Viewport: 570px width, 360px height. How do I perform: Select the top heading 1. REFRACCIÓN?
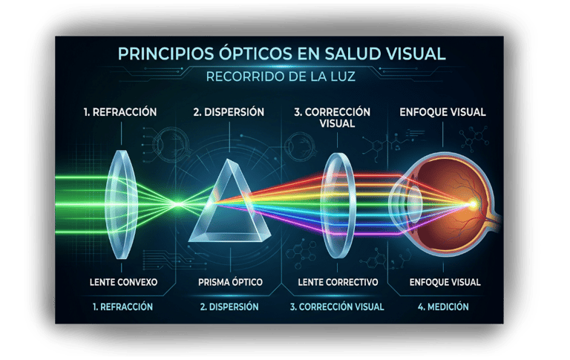tap(119, 112)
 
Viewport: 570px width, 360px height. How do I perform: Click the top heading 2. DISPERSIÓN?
tap(229, 112)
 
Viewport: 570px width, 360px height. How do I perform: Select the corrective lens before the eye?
tap(337, 200)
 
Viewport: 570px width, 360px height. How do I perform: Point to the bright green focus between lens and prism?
tap(175, 203)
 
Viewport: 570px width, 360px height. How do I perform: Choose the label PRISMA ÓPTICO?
tap(229, 282)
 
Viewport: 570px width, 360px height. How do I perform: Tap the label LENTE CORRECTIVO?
tap(338, 282)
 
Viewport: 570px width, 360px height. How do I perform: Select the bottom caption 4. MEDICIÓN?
tap(444, 306)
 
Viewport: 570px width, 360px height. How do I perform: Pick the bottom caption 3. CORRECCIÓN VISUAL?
tap(337, 306)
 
